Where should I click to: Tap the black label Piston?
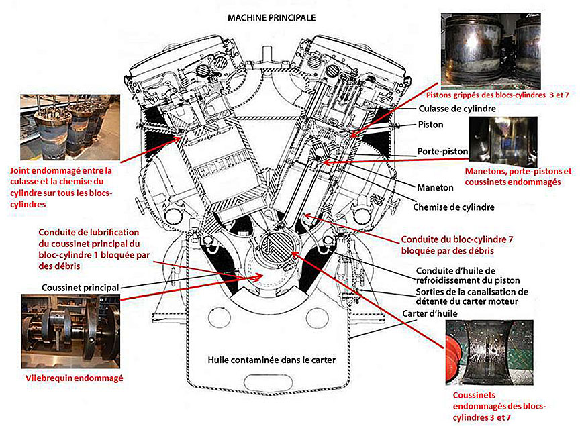(430, 125)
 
